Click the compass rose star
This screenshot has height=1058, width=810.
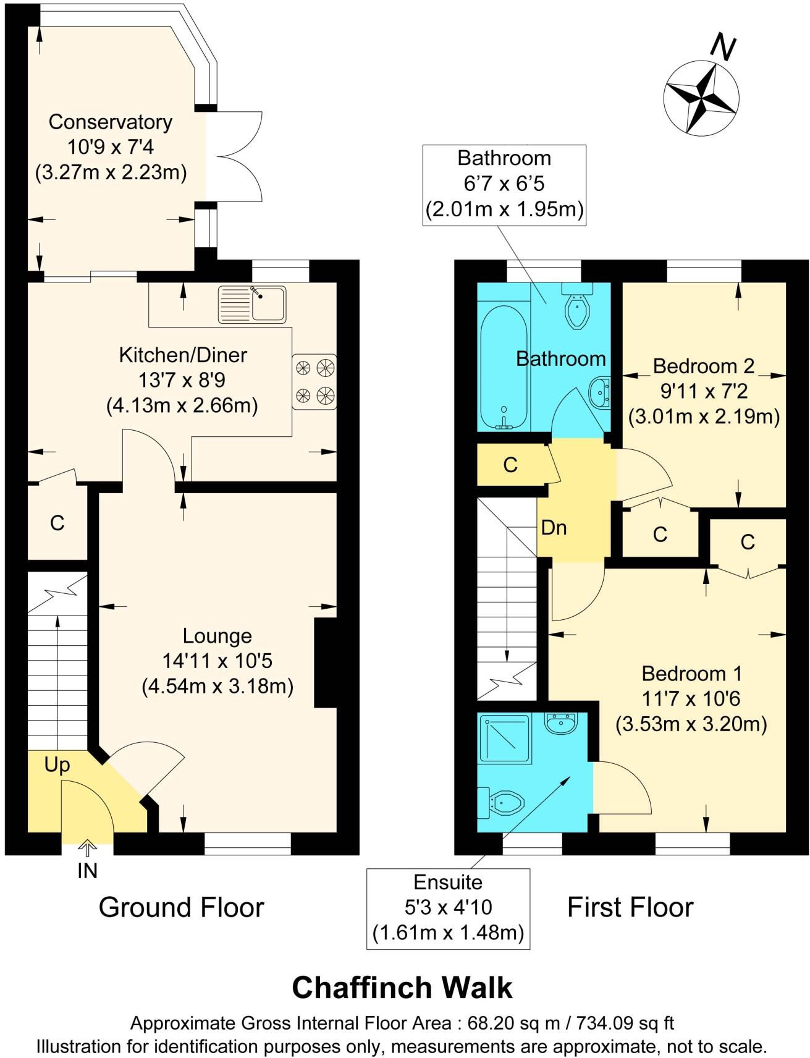701,97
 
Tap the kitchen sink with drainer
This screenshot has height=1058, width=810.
252,304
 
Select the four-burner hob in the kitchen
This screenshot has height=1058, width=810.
314,381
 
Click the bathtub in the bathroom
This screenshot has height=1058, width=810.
504,368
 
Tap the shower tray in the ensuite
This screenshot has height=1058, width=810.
504,738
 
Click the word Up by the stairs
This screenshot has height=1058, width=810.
57,765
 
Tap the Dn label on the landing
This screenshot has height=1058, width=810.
554,528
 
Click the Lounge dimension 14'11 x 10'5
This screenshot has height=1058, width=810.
217,661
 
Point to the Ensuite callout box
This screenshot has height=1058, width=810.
448,907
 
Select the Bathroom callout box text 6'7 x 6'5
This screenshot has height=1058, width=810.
504,184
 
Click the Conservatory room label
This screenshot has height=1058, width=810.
111,122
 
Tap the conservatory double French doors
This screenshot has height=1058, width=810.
235,156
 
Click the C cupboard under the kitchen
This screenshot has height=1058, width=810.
57,523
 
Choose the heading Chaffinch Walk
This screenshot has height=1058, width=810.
402,988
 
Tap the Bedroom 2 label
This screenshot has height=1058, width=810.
703,366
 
